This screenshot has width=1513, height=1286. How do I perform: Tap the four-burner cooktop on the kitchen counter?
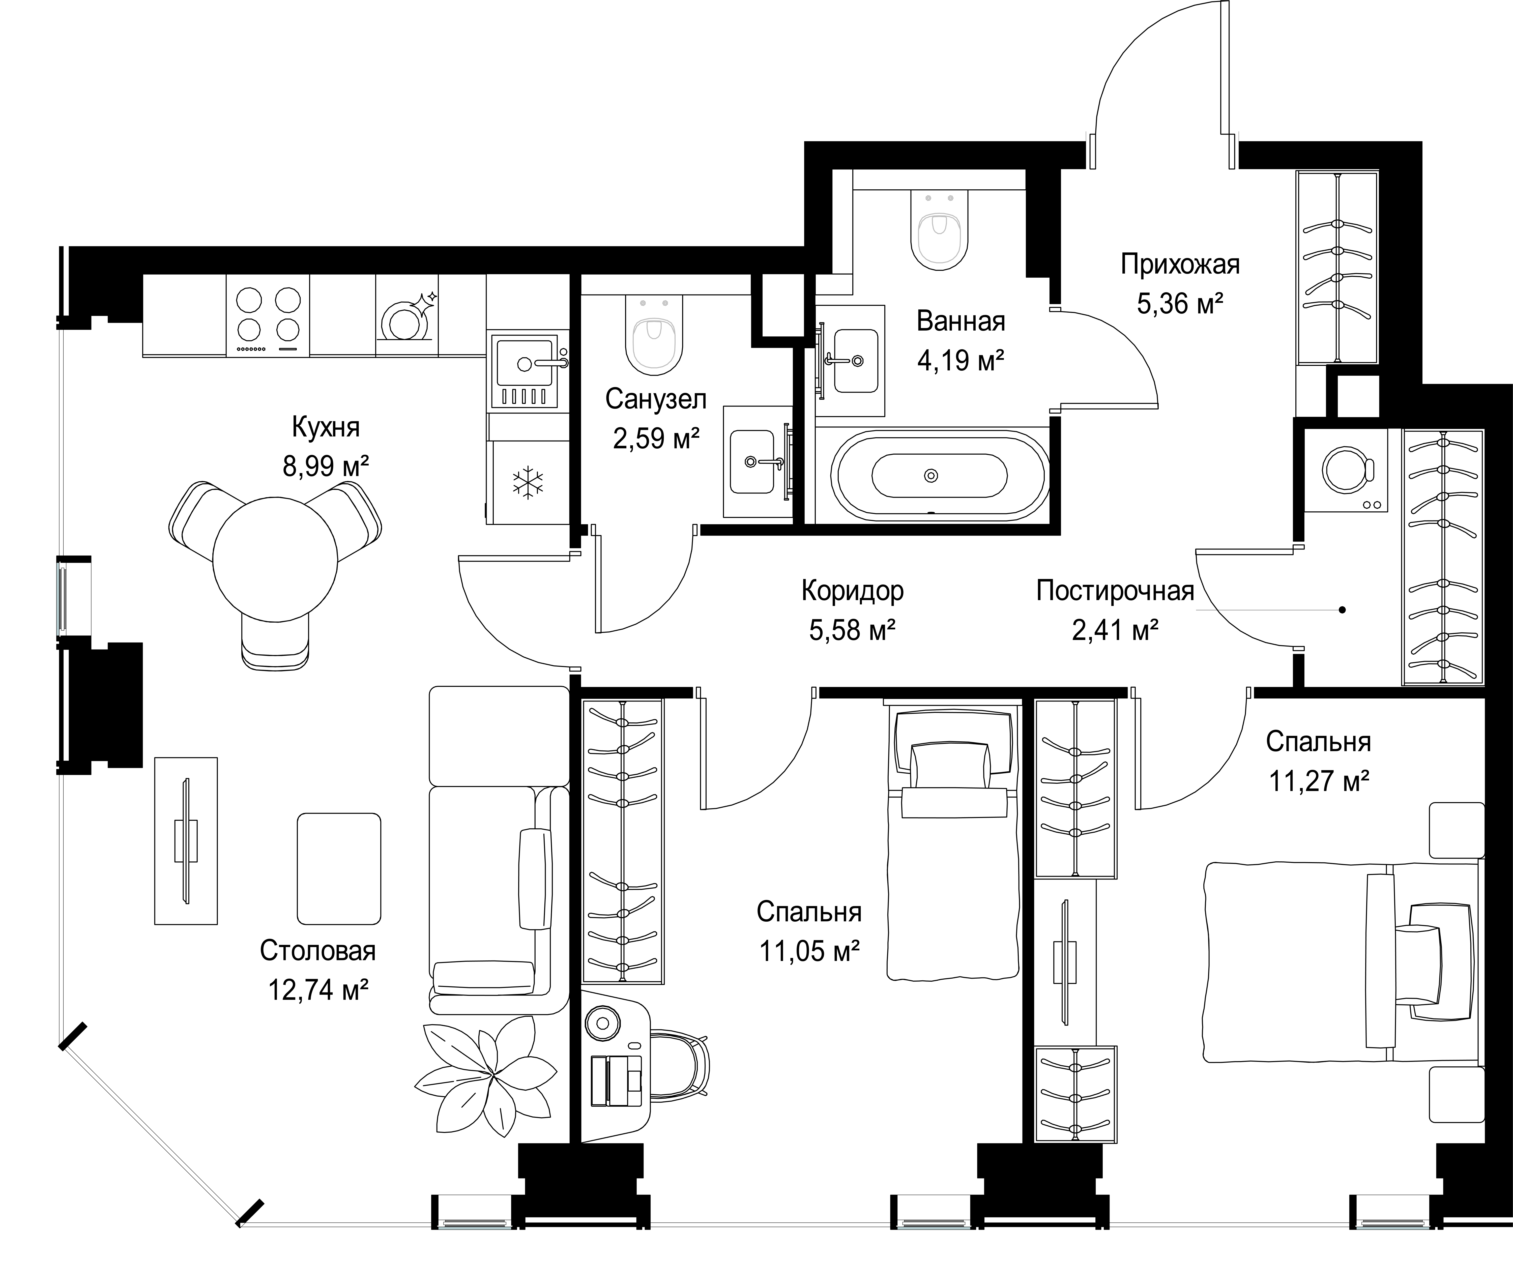point(268,315)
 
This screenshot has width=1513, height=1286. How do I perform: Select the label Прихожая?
point(1180,264)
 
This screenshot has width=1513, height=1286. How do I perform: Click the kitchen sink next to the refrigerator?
point(524,370)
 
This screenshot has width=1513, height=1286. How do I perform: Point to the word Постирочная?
point(1115,591)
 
